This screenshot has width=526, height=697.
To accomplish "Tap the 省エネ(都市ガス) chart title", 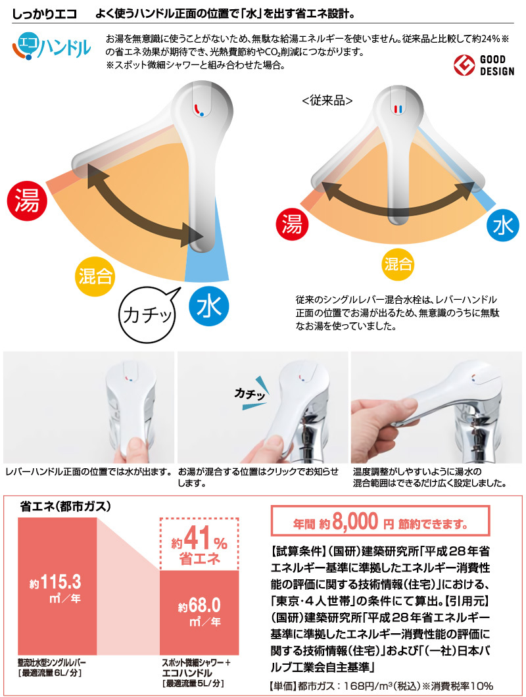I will click(x=65, y=506).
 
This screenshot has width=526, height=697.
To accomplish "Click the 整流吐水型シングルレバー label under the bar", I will click(x=52, y=663).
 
